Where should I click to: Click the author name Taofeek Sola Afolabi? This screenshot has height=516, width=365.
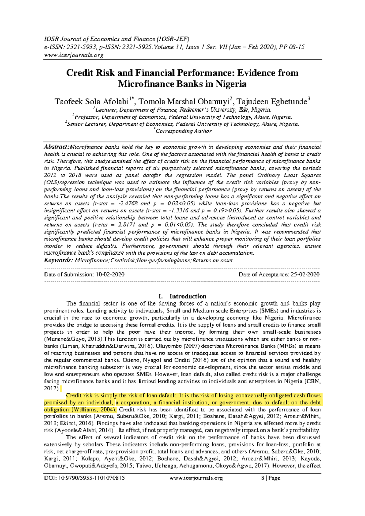[91, 102]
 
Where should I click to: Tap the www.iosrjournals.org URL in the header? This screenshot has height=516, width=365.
[74, 55]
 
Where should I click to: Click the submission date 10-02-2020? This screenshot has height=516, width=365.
[110, 274]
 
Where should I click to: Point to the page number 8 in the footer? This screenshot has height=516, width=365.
[262, 478]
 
